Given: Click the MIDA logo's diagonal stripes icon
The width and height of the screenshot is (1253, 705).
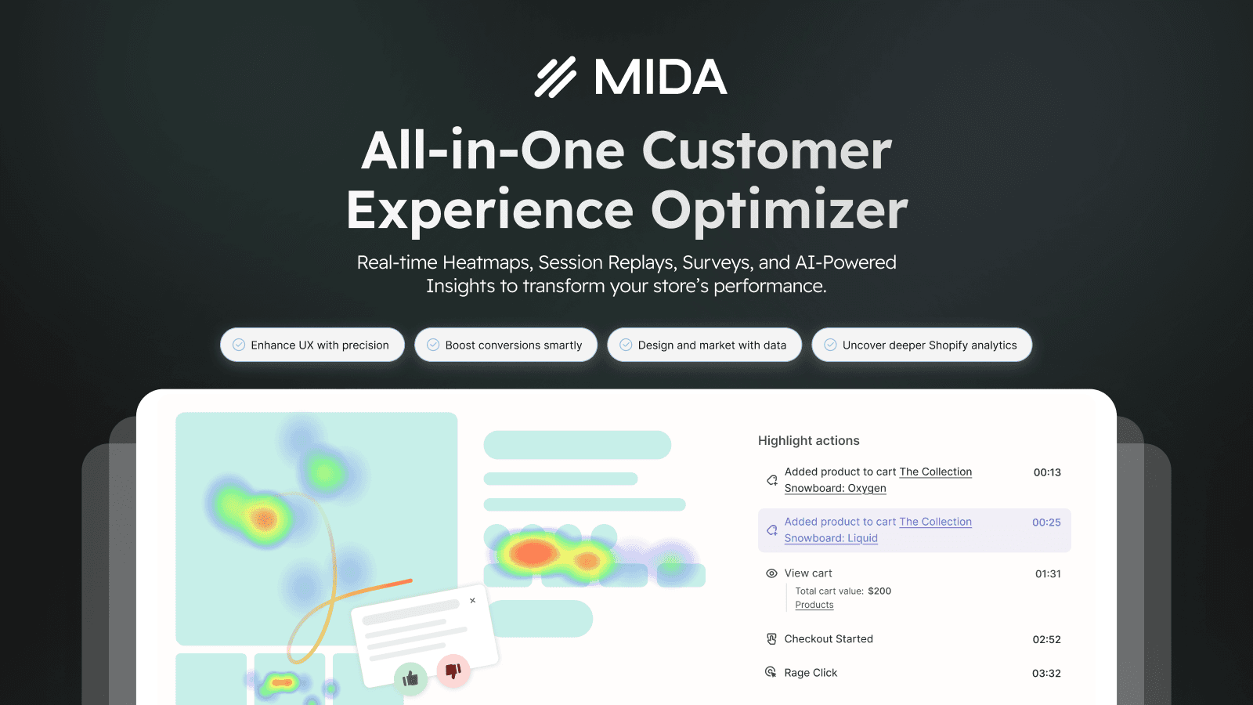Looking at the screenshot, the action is pyautogui.click(x=555, y=77).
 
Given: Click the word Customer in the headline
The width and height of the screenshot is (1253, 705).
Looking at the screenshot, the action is pyautogui.click(x=767, y=150).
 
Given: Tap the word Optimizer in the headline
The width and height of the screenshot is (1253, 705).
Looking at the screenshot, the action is pyautogui.click(x=778, y=211).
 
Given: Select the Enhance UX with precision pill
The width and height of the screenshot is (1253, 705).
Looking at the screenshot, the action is pyautogui.click(x=312, y=345).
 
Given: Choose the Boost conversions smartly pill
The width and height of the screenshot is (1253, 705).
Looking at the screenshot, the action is pyautogui.click(x=506, y=345).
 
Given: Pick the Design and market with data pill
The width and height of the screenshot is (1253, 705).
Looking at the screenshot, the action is pyautogui.click(x=704, y=345).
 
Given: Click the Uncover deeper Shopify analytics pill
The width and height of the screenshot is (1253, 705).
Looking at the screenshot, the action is pyautogui.click(x=922, y=345).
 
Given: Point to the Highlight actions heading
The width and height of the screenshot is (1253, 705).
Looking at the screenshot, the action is pyautogui.click(x=808, y=440).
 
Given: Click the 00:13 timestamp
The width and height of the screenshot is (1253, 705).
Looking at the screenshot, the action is pyautogui.click(x=1047, y=472).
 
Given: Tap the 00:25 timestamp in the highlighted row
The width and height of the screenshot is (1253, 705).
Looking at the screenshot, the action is pyautogui.click(x=1046, y=522).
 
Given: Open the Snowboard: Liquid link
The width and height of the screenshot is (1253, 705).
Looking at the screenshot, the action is pyautogui.click(x=831, y=538).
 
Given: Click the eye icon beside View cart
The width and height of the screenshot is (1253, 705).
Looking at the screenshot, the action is pyautogui.click(x=771, y=573).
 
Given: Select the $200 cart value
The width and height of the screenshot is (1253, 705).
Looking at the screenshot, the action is pyautogui.click(x=879, y=591).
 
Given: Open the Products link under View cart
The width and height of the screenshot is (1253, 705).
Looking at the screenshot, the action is pyautogui.click(x=814, y=605).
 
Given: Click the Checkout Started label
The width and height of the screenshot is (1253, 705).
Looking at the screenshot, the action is pyautogui.click(x=829, y=639).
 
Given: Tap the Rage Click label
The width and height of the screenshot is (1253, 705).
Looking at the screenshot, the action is pyautogui.click(x=811, y=673).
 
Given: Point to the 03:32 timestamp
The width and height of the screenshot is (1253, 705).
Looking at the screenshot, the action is pyautogui.click(x=1046, y=673).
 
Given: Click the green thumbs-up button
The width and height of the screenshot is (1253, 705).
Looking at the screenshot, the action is pyautogui.click(x=410, y=678).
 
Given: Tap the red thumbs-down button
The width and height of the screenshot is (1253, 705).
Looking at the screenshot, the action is pyautogui.click(x=453, y=671).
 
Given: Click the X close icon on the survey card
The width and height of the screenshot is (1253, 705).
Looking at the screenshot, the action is pyautogui.click(x=473, y=600).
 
